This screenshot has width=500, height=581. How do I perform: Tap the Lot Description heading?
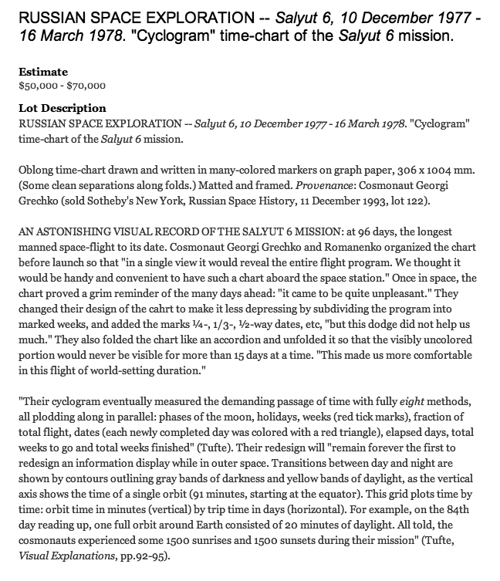(x=62, y=108)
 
